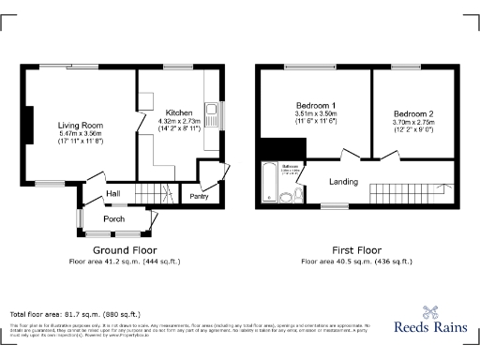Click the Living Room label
click(x=80, y=125)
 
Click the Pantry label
click(x=199, y=196)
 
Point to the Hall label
click(x=112, y=193)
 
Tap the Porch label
click(x=113, y=219)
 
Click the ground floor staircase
click(x=156, y=194)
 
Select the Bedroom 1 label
click(x=316, y=105)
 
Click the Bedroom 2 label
click(x=412, y=113)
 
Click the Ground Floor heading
click(x=125, y=250)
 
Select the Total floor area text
click(x=75, y=313)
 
